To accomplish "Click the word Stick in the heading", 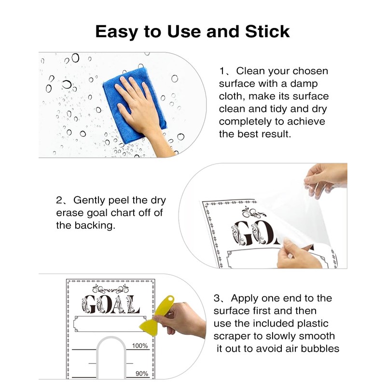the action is (267, 31).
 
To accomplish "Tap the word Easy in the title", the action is (116, 32).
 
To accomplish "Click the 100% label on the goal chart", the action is (140, 345).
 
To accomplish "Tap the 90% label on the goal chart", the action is (142, 373).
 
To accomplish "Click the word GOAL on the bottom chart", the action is (110, 304).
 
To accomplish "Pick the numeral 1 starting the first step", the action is (222, 71).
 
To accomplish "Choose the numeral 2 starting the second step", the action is (59, 200).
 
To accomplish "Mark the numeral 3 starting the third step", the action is (217, 298).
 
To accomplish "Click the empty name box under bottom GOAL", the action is (110, 324).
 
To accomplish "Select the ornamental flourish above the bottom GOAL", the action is (110, 289).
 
